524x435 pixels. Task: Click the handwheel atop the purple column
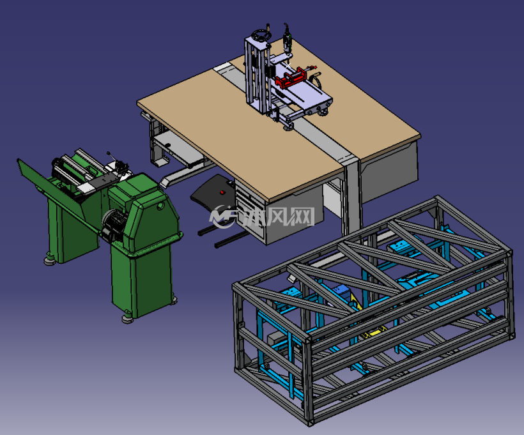pyautogui.click(x=261, y=34)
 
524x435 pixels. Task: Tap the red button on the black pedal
pyautogui.click(x=222, y=192)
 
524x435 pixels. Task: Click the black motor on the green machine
pyautogui.click(x=112, y=223)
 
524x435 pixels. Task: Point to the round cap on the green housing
pyautogui.click(x=160, y=206)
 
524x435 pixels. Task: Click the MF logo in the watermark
pyautogui.click(x=222, y=217)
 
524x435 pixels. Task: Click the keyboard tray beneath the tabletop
pyautogui.click(x=177, y=148)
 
